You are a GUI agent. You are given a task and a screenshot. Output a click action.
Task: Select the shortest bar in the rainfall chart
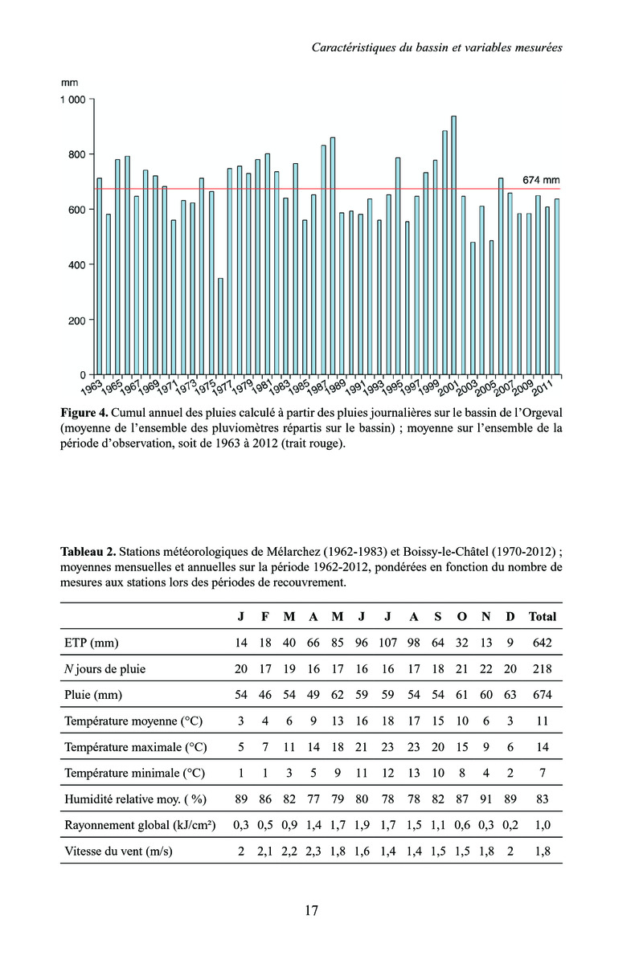220,326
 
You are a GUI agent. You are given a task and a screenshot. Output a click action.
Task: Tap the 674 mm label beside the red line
540,180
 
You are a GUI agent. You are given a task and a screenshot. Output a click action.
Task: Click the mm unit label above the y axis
69,82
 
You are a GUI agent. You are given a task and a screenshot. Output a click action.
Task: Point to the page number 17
312,910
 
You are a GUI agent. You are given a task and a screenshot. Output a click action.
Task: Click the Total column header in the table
543,616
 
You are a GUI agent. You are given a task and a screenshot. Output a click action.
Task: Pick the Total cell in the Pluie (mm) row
543,694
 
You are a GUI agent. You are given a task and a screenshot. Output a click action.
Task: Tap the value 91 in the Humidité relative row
485,799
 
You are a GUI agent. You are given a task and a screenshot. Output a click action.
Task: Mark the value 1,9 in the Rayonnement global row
363,824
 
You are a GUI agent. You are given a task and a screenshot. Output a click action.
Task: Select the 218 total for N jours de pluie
543,668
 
